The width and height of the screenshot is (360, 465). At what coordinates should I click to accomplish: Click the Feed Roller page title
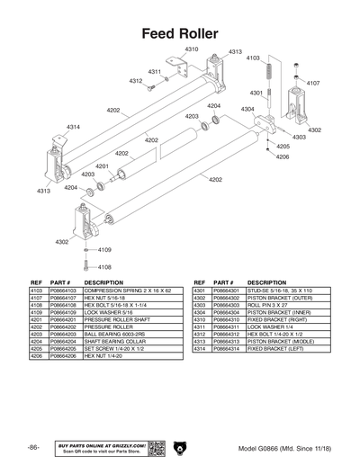tap(180, 32)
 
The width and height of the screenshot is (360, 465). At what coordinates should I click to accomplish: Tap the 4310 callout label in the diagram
tap(192, 49)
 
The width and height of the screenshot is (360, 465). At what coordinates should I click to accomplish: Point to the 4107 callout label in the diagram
tap(312, 83)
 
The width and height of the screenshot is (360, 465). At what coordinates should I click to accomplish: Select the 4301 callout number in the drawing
tap(256, 93)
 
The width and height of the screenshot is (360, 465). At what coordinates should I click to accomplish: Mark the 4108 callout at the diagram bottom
tap(104, 266)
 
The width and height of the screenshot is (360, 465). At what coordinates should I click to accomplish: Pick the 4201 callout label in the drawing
tap(102, 165)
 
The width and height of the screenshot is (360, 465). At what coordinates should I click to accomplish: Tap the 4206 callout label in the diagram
tap(282, 156)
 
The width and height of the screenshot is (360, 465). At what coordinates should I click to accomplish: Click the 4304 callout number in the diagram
tap(246, 109)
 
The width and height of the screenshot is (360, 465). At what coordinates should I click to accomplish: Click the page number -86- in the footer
tap(33, 447)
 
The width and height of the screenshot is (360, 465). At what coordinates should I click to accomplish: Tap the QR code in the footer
tap(155, 447)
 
